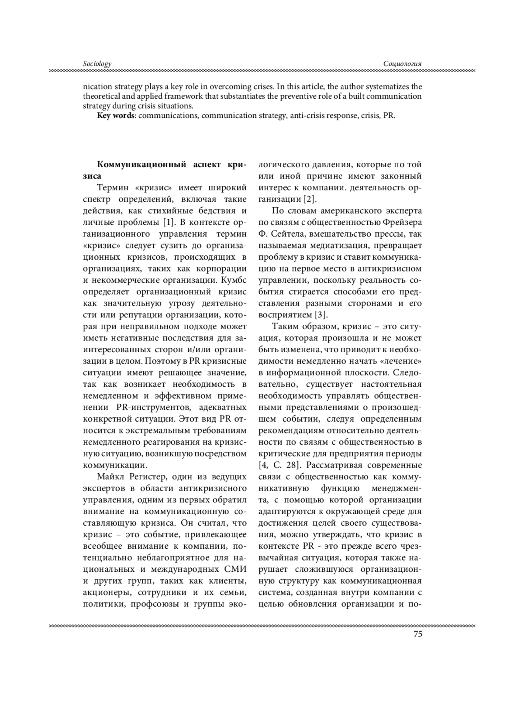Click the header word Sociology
(x=97, y=64)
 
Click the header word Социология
(x=402, y=64)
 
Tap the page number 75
(x=417, y=634)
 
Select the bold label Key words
(x=116, y=116)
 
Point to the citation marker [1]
(x=169, y=222)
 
